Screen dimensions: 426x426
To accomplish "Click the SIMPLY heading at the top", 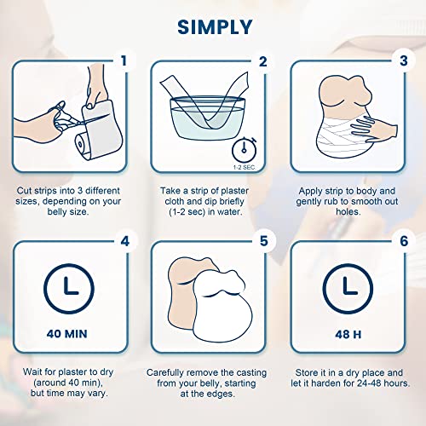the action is click(215, 27).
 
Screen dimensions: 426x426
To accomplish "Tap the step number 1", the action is click(124, 60).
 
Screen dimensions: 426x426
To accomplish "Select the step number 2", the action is click(263, 61).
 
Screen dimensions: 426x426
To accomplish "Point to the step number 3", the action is click(404, 60).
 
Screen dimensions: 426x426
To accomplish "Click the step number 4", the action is click(125, 241).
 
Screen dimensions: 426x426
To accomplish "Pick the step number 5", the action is click(264, 241).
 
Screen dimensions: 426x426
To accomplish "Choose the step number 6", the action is click(404, 241).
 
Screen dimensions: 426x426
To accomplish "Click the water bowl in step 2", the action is click(207, 118).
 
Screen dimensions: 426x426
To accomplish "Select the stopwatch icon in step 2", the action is click(245, 149).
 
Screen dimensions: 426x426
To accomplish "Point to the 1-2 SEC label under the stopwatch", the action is click(244, 168).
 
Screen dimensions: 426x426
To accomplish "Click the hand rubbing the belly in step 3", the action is click(374, 130).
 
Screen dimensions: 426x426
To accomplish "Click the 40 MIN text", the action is click(67, 334).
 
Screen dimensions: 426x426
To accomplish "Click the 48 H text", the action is click(348, 335).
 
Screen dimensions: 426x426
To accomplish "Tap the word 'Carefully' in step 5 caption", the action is click(165, 373).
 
